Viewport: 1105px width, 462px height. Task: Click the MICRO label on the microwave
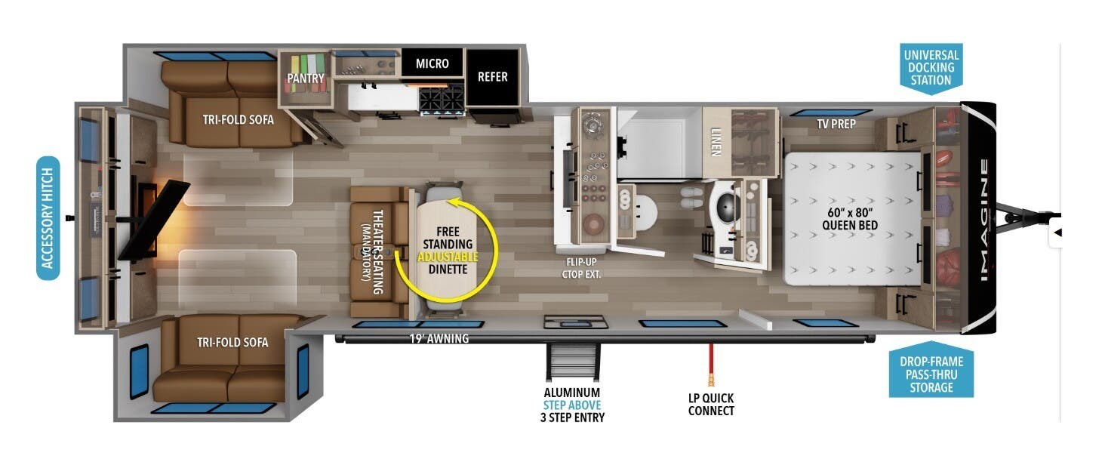pyautogui.click(x=432, y=63)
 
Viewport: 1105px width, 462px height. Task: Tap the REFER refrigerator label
pyautogui.click(x=492, y=77)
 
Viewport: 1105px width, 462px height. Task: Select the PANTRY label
pyautogui.click(x=306, y=79)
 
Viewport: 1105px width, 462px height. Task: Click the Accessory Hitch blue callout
pyautogui.click(x=48, y=218)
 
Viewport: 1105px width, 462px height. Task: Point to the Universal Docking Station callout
pyautogui.click(x=931, y=67)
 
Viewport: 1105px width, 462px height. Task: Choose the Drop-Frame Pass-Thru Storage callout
pyautogui.click(x=931, y=374)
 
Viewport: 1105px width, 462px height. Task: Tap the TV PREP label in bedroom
pyautogui.click(x=836, y=124)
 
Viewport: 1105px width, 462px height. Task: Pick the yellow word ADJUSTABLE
pyautogui.click(x=448, y=257)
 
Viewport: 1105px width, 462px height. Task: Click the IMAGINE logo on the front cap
pyautogui.click(x=984, y=219)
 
